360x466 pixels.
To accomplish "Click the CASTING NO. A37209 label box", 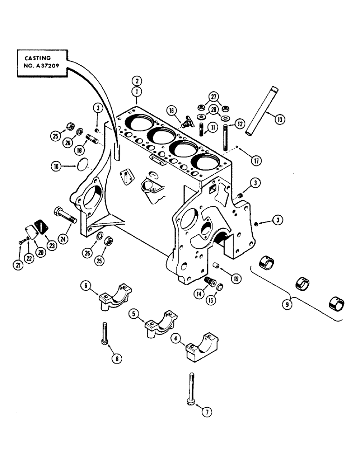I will pos(42,64).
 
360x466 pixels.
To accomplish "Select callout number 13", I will pos(280,120).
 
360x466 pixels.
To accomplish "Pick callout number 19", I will pos(235,280).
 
